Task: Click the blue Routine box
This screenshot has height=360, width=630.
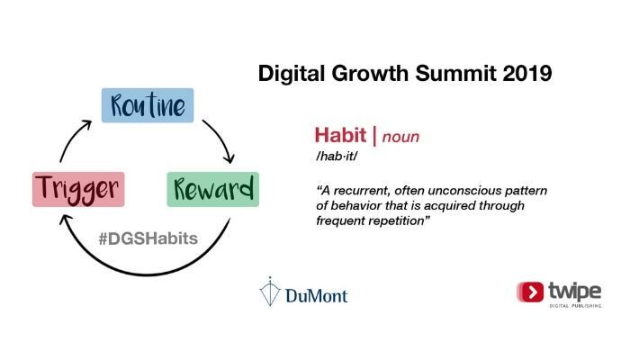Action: pos(147,106)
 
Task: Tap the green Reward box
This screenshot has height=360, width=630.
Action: pos(213,189)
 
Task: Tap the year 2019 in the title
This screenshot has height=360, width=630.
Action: pos(522,73)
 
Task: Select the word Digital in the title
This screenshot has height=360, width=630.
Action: pos(291,73)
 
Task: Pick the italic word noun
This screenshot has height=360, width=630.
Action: pos(401,137)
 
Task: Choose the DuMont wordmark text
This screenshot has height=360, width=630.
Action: pos(317,295)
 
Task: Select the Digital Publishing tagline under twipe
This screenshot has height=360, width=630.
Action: pos(575,306)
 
